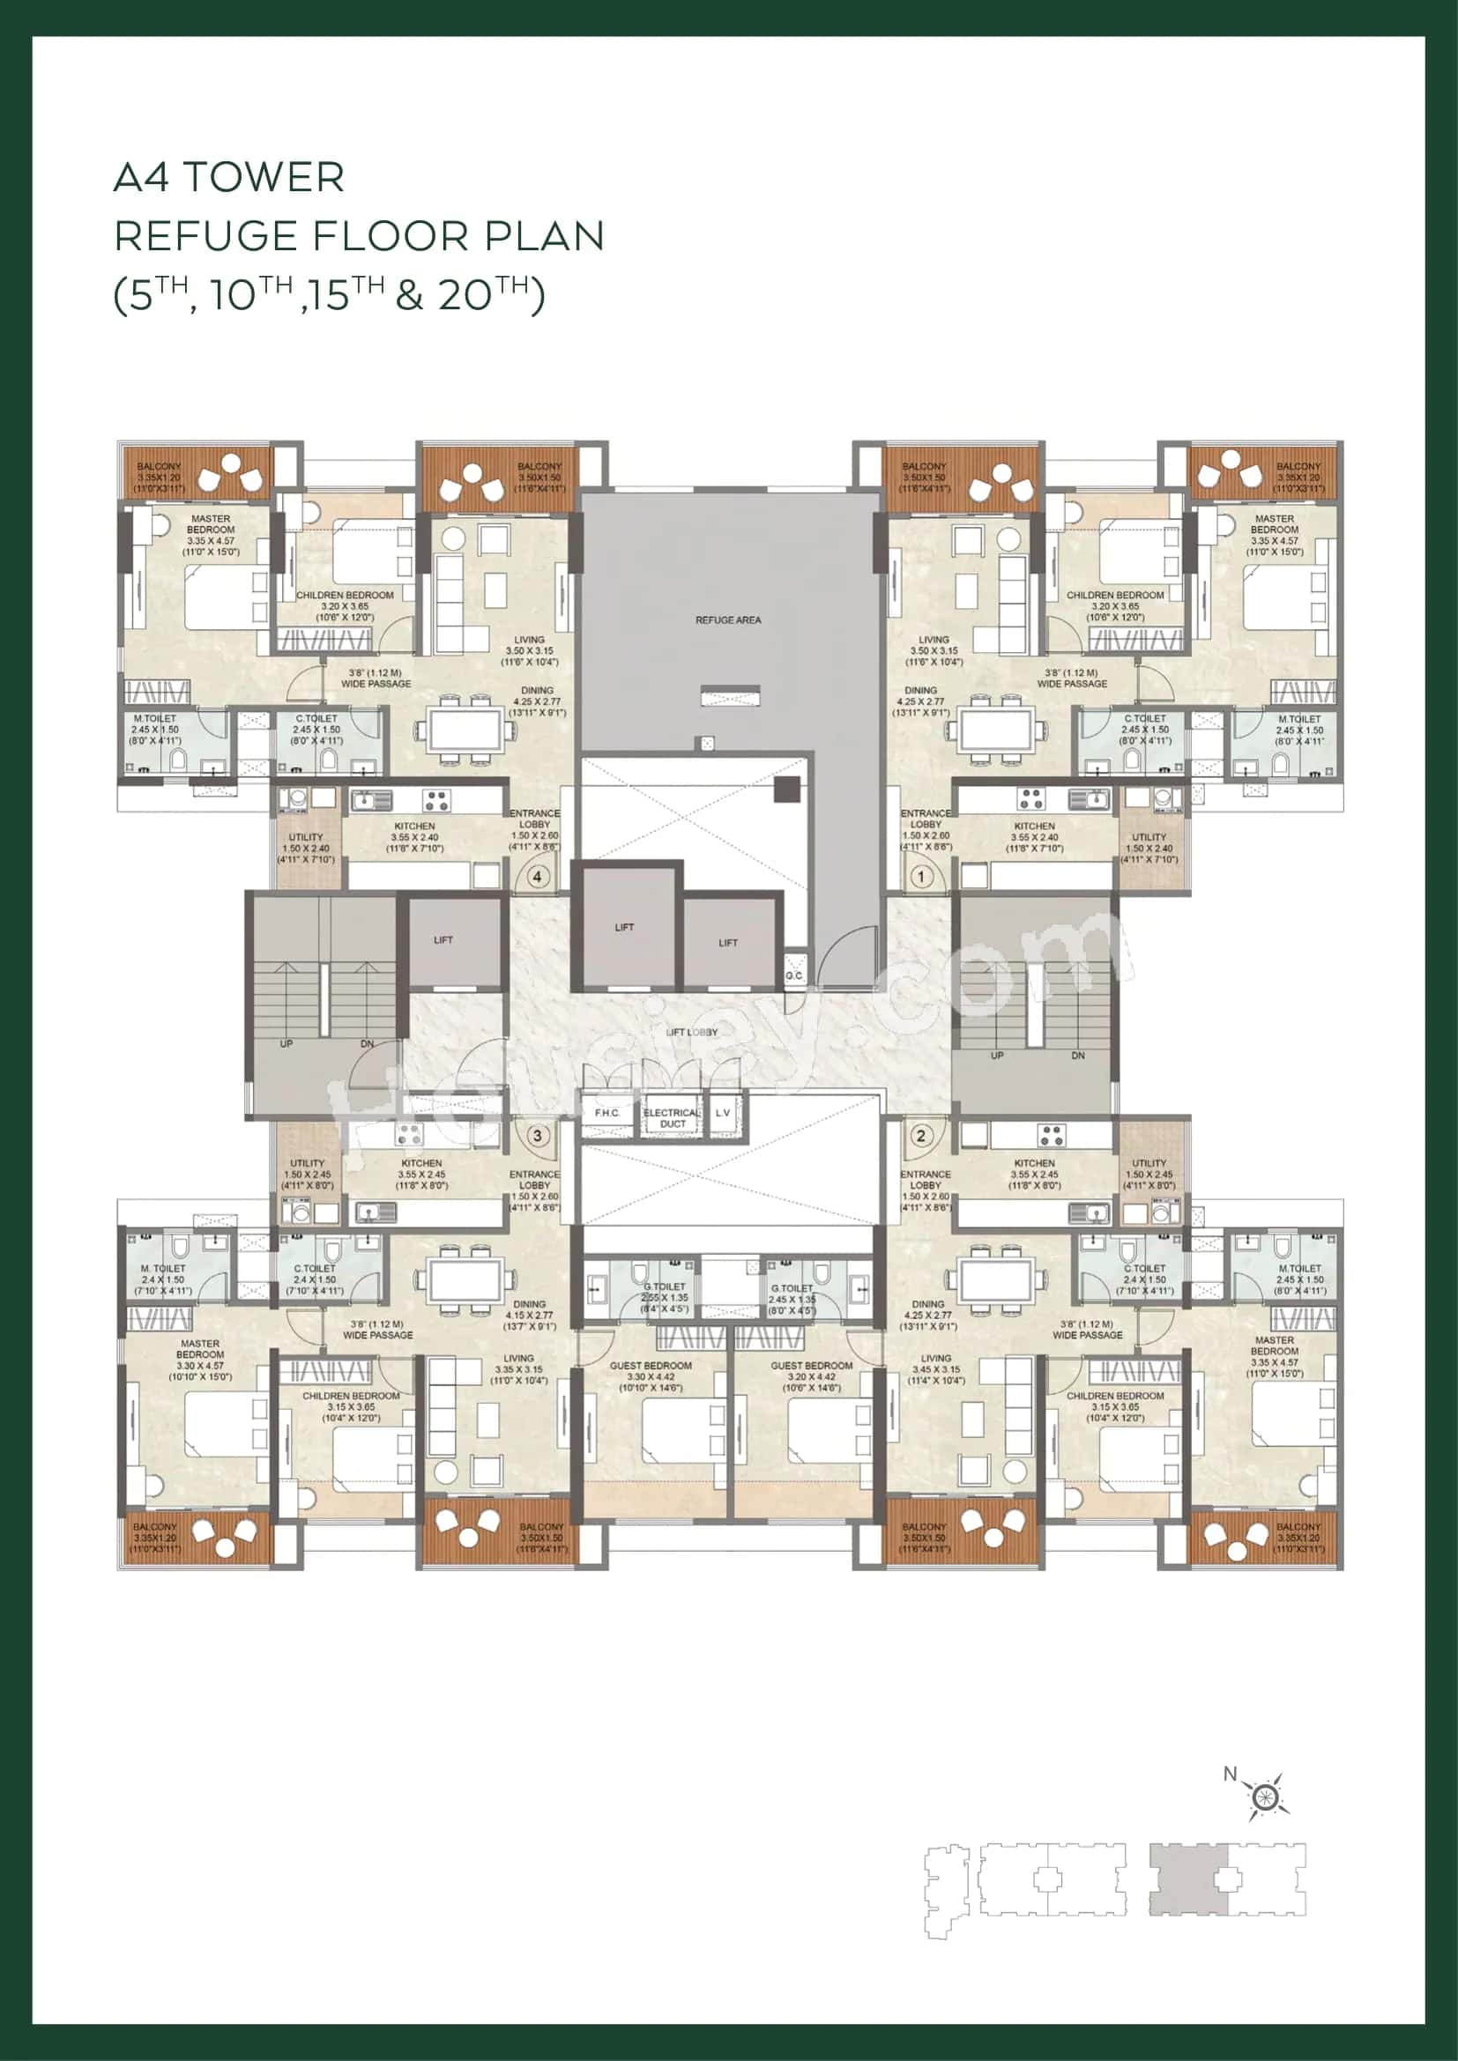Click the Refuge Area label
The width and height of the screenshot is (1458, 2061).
click(728, 620)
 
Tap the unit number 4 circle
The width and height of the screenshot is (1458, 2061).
click(537, 877)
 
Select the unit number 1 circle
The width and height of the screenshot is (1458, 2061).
click(921, 876)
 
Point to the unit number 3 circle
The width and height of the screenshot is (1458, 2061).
click(537, 1136)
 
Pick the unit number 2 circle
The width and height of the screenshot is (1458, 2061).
click(921, 1136)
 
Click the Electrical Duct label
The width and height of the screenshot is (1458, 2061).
click(672, 1117)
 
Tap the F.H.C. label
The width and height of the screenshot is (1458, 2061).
click(606, 1113)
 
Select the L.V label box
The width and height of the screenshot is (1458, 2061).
click(723, 1113)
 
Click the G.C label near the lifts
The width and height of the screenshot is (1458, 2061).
click(793, 975)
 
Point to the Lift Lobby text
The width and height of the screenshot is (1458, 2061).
click(691, 1033)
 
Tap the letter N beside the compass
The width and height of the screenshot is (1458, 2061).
click(1230, 1774)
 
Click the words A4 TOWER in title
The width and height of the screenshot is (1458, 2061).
click(229, 177)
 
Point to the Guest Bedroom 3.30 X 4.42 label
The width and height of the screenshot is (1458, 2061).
click(651, 1376)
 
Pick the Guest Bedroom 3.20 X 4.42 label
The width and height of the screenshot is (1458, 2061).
click(812, 1376)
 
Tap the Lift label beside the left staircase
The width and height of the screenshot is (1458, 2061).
click(443, 940)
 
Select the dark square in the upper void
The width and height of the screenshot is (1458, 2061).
click(786, 789)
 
